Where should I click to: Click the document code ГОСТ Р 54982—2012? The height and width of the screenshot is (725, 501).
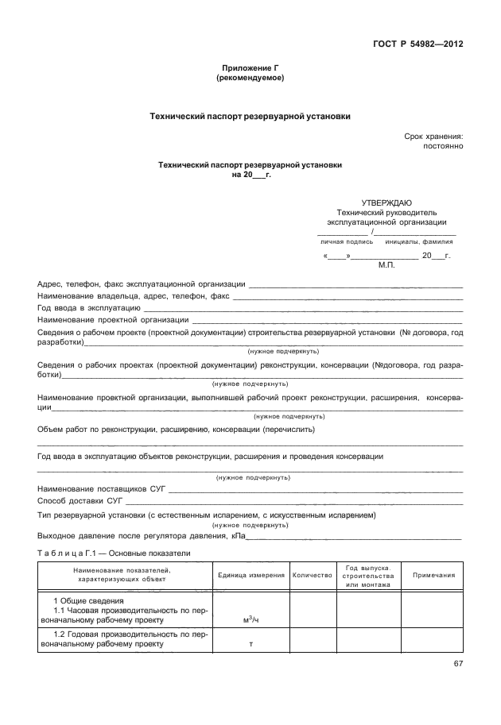tap(420, 44)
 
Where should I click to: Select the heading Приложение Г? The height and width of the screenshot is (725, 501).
tap(250, 69)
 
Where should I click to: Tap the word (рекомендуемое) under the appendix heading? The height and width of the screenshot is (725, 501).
tap(250, 79)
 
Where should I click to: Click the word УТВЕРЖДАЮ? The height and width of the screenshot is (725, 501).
tap(386, 202)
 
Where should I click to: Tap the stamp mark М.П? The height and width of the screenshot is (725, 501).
tap(387, 268)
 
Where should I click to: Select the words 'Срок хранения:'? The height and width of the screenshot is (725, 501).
tap(433, 137)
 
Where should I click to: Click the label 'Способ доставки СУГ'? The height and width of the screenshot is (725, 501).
tap(80, 501)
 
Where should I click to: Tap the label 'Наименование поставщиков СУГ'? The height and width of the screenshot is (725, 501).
tap(101, 489)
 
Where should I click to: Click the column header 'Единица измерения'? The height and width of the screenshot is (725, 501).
tap(250, 575)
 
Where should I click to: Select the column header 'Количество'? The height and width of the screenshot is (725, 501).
tap(312, 575)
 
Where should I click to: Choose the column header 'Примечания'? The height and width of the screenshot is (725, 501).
tap(433, 575)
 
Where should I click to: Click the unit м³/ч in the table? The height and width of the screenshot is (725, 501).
tap(250, 619)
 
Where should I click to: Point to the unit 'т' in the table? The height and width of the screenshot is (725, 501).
tap(250, 645)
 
